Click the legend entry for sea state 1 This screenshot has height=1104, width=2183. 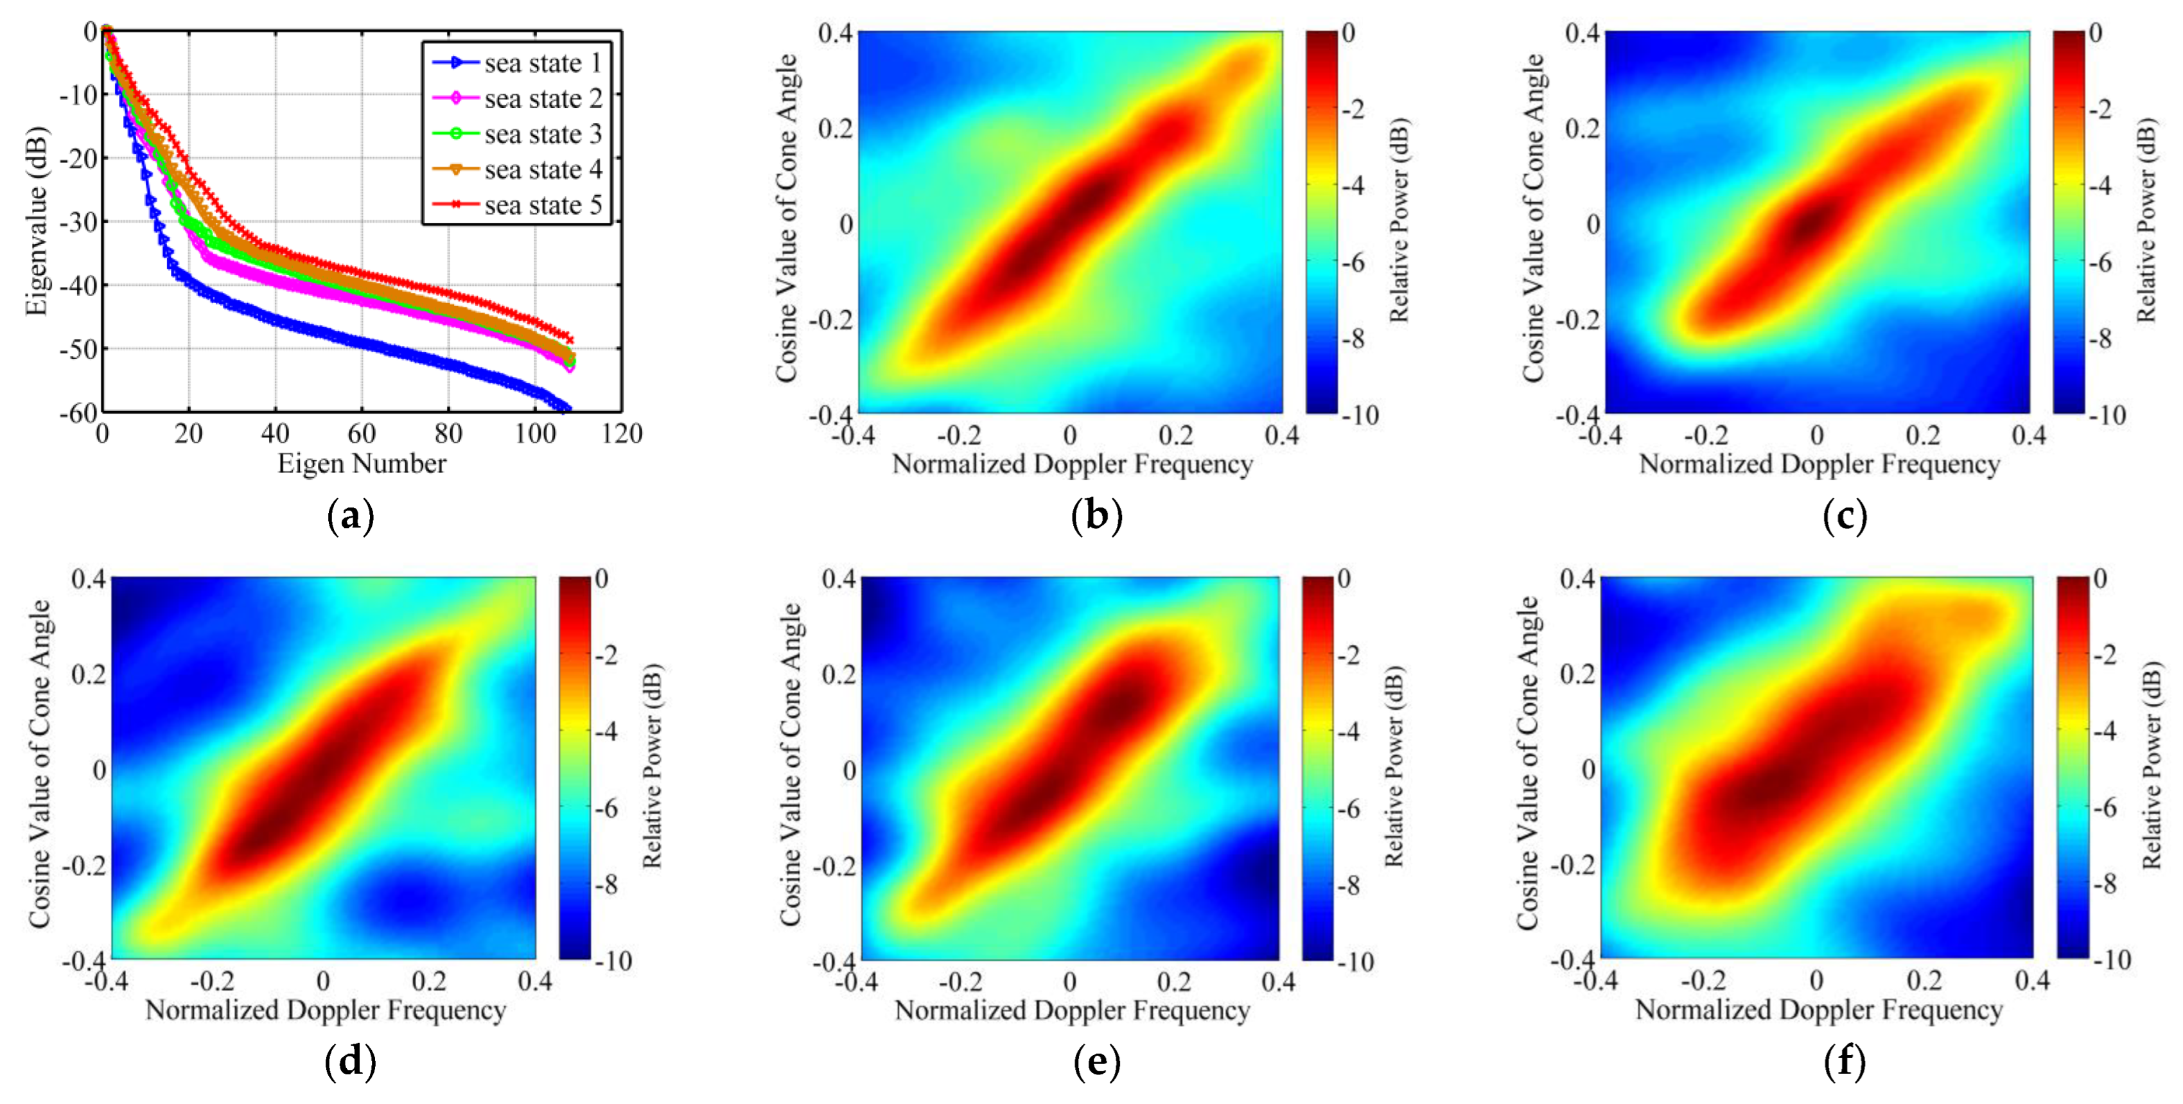pyautogui.click(x=542, y=64)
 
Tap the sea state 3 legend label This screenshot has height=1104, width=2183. pyautogui.click(x=542, y=135)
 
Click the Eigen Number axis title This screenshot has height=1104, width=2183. pyautogui.click(x=362, y=464)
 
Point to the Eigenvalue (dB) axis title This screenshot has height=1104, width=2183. pyautogui.click(x=35, y=222)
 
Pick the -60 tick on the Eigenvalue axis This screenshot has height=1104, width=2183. pyautogui.click(x=78, y=412)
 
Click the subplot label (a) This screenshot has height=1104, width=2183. pyautogui.click(x=350, y=516)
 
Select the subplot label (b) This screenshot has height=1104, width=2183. pyautogui.click(x=1096, y=516)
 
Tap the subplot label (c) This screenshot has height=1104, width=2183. pyautogui.click(x=1845, y=516)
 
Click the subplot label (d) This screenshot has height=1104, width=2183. pyautogui.click(x=350, y=1062)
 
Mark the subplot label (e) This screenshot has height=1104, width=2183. pyautogui.click(x=1096, y=1062)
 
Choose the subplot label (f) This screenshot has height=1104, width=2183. pyautogui.click(x=1845, y=1062)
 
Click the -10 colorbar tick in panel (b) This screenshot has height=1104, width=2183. pyautogui.click(x=1361, y=415)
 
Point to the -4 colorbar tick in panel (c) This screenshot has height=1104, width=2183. pyautogui.click(x=2104, y=186)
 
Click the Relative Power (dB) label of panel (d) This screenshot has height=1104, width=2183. pyautogui.click(x=652, y=767)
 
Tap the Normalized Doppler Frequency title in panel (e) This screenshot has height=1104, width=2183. pyautogui.click(x=1072, y=1010)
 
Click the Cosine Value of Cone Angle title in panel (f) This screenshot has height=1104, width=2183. pyautogui.click(x=1527, y=762)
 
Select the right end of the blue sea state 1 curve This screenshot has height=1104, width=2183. pyautogui.click(x=568, y=408)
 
